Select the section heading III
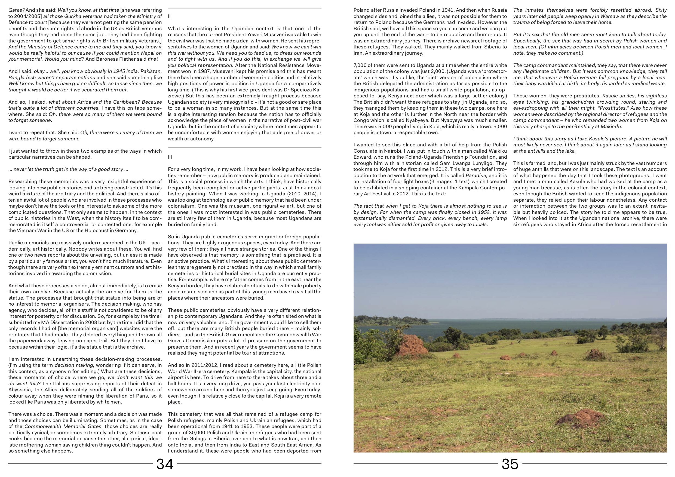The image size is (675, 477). tap(170, 157)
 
